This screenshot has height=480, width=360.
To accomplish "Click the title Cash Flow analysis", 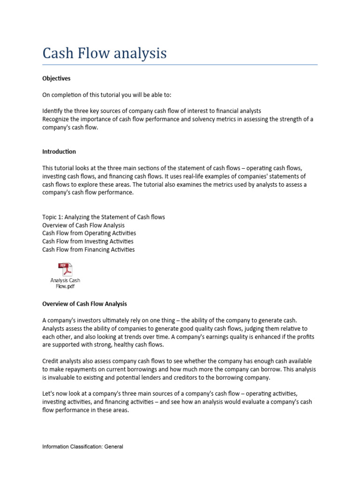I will coord(104,53).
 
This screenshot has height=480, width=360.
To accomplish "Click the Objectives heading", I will coord(56,78).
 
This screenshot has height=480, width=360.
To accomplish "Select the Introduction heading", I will coord(59,151).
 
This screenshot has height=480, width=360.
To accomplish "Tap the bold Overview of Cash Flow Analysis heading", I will coord(84,304).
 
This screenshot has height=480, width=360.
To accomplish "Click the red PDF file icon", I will coord(65,270).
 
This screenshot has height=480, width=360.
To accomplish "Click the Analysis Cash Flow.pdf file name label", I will coord(65,284).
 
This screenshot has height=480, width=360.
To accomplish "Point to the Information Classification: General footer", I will coord(82,447).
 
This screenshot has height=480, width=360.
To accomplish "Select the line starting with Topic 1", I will coord(103,217).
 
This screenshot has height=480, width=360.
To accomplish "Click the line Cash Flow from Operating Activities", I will coord(89,233).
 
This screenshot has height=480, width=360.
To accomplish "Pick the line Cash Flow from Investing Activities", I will coord(88,241).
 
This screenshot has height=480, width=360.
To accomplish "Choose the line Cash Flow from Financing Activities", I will coord(89,249).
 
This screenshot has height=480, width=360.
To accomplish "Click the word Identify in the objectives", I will coord(52,111).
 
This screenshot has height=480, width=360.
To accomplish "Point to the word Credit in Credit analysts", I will coord(51,361).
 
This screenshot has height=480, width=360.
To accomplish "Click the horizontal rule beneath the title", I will coord(180,65).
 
